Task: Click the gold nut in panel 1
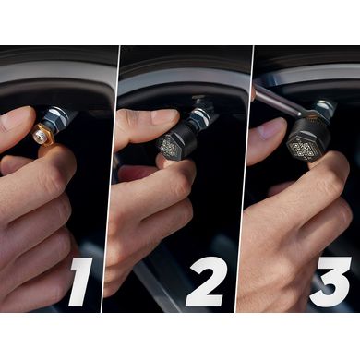43,134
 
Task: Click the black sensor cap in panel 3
306,138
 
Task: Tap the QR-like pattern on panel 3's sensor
301,147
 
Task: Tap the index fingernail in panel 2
165,116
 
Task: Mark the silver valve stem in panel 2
201,115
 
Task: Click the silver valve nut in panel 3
324,108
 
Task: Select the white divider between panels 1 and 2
112,179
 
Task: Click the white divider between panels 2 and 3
245,179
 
